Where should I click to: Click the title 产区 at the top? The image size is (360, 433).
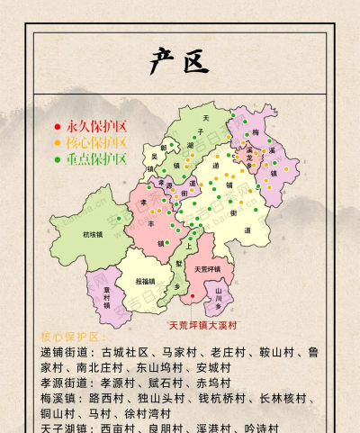pos(179,62)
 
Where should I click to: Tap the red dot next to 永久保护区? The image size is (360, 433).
pos(58,127)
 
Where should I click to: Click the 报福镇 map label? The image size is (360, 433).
pos(144,281)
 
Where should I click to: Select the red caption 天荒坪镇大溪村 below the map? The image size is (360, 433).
pos(203,325)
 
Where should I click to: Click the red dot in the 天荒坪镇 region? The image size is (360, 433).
pos(191,296)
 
